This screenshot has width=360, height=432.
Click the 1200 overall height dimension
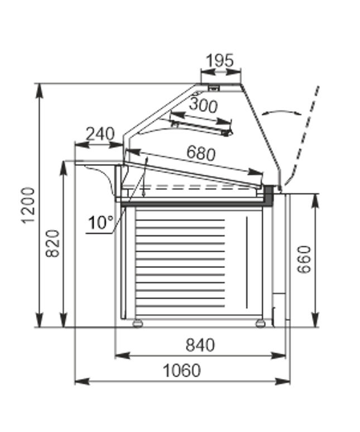28,205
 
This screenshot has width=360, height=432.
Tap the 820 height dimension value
52,243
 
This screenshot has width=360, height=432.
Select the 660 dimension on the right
304,259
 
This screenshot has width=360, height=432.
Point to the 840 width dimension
200,345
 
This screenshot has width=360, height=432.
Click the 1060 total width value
182,370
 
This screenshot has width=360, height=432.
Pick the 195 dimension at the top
220,60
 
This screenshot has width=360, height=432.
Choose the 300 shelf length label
203,105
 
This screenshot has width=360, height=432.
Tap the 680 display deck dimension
201,152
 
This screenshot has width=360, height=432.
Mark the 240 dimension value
100,134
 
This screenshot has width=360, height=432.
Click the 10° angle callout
100,222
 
